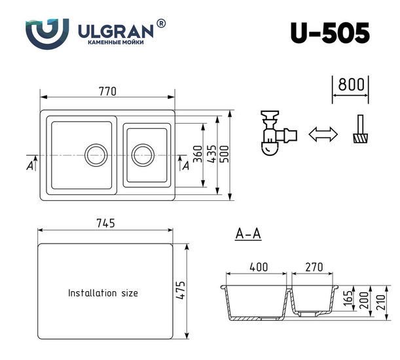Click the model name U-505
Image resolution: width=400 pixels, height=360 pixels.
pyautogui.click(x=330, y=33)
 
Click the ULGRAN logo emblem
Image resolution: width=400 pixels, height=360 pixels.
pyautogui.click(x=47, y=33)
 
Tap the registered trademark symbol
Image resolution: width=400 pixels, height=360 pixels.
pyautogui.click(x=160, y=24)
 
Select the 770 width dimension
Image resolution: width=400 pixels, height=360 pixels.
pyautogui.click(x=107, y=92)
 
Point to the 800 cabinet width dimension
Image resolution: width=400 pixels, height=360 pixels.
pyautogui.click(x=351, y=84)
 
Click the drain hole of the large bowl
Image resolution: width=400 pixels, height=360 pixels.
pyautogui.click(x=96, y=155)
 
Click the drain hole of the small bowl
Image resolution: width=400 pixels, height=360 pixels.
pyautogui.click(x=143, y=155)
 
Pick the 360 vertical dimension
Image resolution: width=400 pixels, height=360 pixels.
pyautogui.click(x=198, y=154)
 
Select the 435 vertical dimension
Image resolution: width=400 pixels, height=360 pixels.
pyautogui.click(x=212, y=154)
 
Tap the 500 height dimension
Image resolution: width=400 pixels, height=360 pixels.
pyautogui.click(x=225, y=154)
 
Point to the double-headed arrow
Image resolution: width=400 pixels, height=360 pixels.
pyautogui.click(x=323, y=134)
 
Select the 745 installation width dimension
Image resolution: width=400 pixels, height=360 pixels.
pyautogui.click(x=105, y=223)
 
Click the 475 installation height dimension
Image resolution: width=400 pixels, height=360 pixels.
pyautogui.click(x=180, y=290)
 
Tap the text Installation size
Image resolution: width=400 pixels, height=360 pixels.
pyautogui.click(x=103, y=293)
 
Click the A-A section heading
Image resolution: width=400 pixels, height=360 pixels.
pyautogui.click(x=248, y=234)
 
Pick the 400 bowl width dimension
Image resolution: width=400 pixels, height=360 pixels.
pyautogui.click(x=259, y=267)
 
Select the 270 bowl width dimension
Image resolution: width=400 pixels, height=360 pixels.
pyautogui.click(x=314, y=267)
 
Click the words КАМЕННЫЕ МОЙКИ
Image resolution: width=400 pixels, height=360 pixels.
pyautogui.click(x=116, y=43)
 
